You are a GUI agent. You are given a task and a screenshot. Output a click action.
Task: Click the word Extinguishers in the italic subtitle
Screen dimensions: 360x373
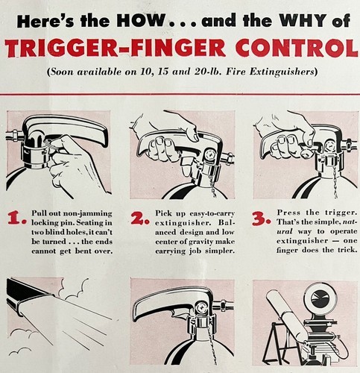[x=283, y=72]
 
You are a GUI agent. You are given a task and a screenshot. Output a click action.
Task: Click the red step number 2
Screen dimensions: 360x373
[x=139, y=218]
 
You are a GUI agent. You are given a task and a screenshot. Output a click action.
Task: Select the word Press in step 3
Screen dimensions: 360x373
[x=288, y=213]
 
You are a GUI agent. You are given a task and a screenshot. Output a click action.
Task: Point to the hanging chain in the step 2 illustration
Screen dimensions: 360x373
[x=212, y=185]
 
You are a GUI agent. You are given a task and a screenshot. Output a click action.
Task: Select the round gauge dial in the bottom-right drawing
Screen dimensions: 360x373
[x=318, y=298]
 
